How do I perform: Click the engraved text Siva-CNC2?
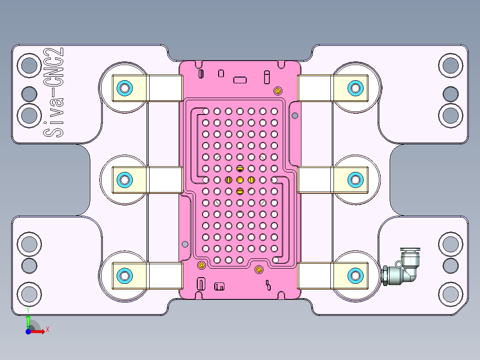54,93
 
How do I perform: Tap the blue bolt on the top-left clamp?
124,88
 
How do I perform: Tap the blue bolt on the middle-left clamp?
124,180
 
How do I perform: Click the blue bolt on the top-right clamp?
355,88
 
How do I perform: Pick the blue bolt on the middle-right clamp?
355,180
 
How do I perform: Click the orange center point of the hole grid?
240,180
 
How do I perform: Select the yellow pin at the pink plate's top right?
278,91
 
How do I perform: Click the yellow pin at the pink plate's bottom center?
259,269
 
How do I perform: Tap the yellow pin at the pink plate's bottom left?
201,265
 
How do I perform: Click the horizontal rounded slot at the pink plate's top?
240,80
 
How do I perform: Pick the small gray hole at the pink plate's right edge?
294,116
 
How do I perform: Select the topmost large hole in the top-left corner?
29,65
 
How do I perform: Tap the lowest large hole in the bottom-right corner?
450,294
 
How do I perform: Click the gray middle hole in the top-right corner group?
450,94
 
